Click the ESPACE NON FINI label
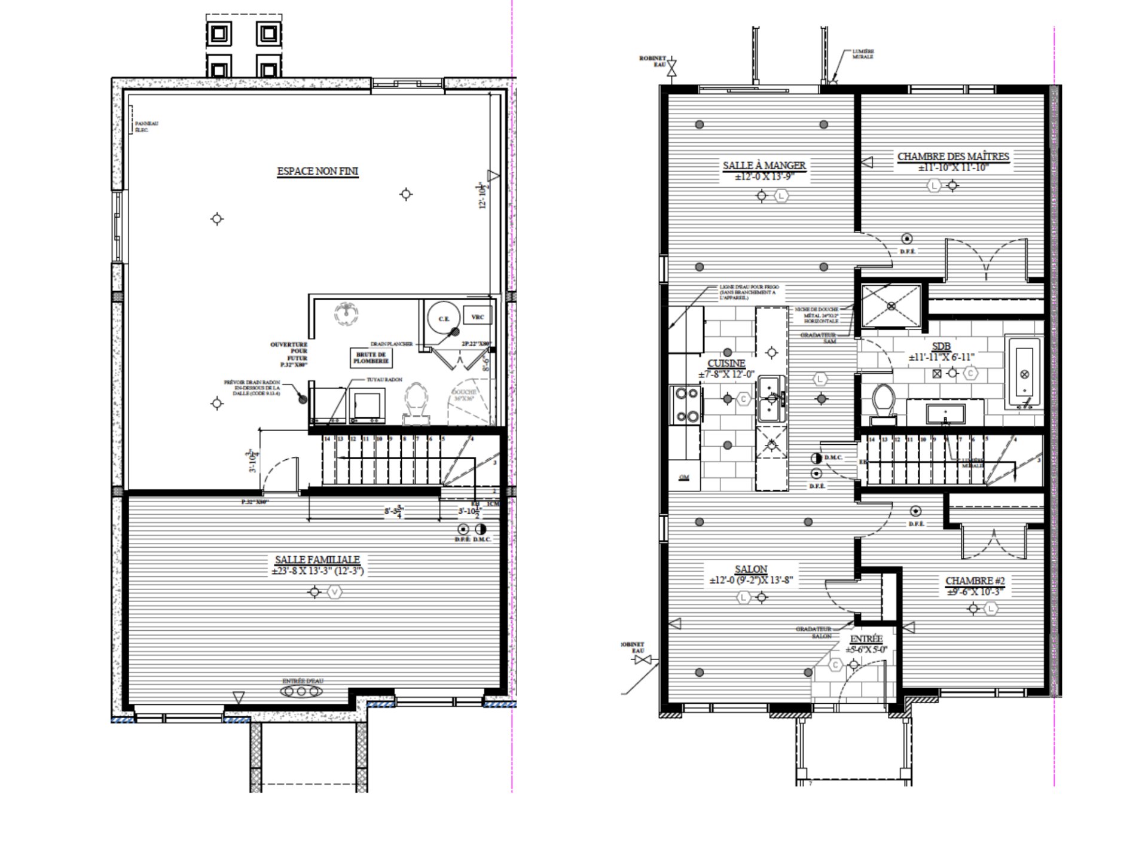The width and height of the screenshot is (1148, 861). pos(317,172)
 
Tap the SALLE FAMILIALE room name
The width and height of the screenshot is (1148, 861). pos(317,560)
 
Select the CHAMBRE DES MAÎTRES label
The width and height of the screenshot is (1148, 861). pos(953,157)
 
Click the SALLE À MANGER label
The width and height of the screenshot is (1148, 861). pos(764,166)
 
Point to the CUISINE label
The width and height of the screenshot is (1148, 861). pos(726,364)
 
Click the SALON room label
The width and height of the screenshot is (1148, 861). pos(751,569)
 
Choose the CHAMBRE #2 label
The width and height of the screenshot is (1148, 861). pos(975,581)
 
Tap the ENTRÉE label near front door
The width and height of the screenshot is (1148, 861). pos(866,639)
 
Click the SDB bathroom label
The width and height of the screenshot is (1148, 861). pos(941,347)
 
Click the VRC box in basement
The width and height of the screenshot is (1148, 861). pos(477,317)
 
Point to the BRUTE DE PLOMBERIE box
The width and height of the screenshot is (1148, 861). pos(371,358)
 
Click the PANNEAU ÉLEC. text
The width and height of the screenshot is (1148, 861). pos(146,127)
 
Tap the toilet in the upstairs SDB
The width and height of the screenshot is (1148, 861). pos(883,402)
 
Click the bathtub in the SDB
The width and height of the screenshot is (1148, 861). pos(1024,374)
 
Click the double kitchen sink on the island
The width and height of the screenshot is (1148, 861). pos(771,399)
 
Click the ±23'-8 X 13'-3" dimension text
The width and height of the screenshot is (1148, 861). pos(317,571)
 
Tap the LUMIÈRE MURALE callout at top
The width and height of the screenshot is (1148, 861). pos(863,54)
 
